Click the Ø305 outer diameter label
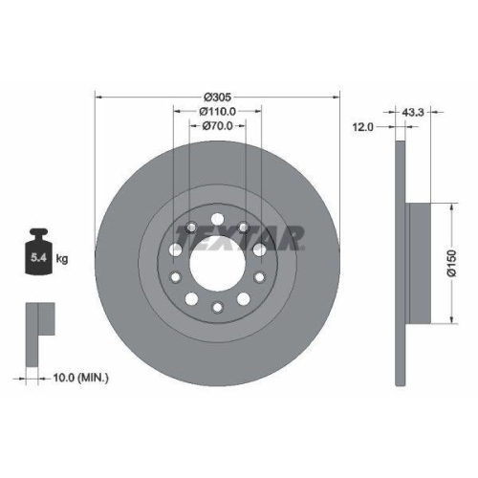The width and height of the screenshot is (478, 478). coord(219,97)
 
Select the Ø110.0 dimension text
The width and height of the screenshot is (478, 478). coord(219,111)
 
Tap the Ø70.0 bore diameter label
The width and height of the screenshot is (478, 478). coord(219,125)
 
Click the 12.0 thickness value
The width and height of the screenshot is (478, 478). coord(363,125)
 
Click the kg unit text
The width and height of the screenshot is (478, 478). coord(63,258)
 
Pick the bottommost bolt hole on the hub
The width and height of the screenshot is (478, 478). coord(218,307)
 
